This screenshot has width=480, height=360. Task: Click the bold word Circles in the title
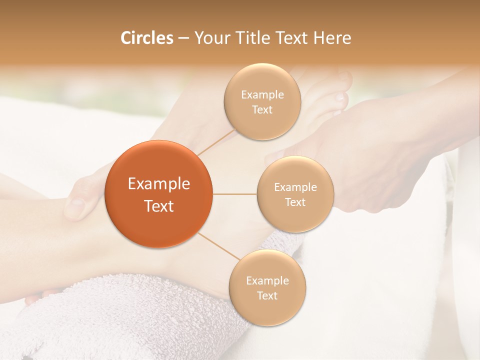[x=146, y=38]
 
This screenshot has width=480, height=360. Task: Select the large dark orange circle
[x=159, y=194]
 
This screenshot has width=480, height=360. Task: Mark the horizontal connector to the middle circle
[x=235, y=194]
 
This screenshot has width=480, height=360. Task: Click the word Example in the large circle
[x=159, y=184]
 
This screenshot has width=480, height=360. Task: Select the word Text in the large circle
[x=159, y=206]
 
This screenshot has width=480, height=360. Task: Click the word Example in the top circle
[x=262, y=95]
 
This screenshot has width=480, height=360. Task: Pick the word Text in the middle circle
[x=295, y=202]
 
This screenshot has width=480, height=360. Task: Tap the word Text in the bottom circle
[x=267, y=295]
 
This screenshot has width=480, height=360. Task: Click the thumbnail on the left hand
[x=77, y=203]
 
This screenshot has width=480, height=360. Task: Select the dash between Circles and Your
[x=183, y=38]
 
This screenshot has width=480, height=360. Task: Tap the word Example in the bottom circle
[x=267, y=281]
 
